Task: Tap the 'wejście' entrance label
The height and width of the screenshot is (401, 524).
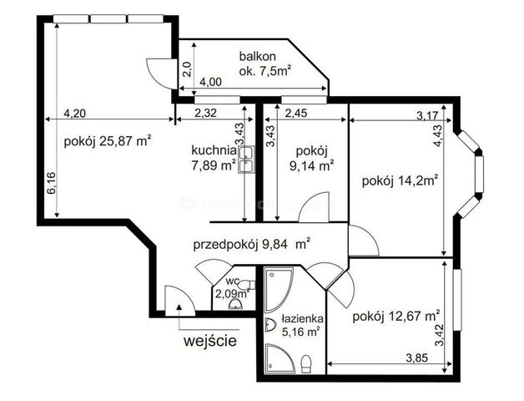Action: tap(210, 341)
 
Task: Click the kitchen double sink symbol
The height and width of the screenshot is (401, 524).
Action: tap(246, 160)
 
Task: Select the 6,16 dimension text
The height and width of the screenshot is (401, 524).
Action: tap(52, 183)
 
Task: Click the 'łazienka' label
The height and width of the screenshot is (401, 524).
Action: tap(302, 318)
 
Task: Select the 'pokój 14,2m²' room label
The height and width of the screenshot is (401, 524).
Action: tap(401, 181)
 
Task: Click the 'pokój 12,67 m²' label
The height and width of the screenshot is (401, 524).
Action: tap(396, 316)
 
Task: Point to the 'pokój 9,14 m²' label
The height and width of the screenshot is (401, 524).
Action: tap(312, 159)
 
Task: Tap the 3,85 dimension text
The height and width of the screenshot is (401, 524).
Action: tap(416, 358)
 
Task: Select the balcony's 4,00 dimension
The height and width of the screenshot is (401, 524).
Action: tap(210, 82)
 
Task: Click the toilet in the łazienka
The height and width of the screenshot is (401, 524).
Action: tap(306, 364)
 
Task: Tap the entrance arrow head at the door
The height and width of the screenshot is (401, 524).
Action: tap(179, 307)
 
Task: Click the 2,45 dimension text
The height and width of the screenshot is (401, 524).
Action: tap(296, 113)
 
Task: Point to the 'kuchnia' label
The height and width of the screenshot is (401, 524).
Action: tap(214, 150)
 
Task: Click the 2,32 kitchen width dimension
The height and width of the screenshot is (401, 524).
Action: tap(205, 113)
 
